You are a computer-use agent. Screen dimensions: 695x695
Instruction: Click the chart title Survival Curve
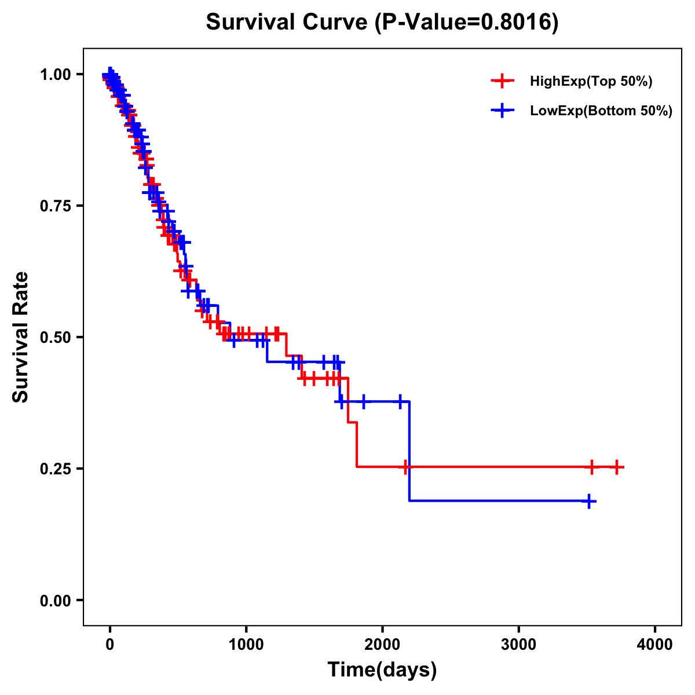point(287,23)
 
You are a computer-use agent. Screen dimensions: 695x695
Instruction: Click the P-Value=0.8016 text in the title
point(467,23)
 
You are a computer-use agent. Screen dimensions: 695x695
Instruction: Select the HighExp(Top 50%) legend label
point(591,82)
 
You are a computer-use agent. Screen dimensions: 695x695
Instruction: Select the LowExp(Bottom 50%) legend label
point(601,111)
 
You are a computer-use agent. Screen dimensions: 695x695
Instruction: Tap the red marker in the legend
point(502,82)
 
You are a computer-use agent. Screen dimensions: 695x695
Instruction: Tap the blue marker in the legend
point(502,111)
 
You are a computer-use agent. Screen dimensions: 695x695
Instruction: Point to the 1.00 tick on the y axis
point(54,75)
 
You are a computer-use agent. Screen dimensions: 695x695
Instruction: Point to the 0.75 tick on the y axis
point(54,206)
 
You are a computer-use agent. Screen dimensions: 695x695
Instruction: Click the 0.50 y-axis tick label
point(54,338)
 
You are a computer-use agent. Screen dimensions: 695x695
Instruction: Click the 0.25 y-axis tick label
point(54,469)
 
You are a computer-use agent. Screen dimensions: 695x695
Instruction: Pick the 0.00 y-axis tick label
point(54,601)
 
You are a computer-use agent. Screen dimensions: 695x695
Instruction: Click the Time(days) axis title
point(382,670)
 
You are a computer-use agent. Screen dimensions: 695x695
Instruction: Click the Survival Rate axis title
point(21,337)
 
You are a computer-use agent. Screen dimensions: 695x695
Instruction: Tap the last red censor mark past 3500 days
point(617,466)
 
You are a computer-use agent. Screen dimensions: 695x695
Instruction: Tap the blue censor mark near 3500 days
point(588,501)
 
